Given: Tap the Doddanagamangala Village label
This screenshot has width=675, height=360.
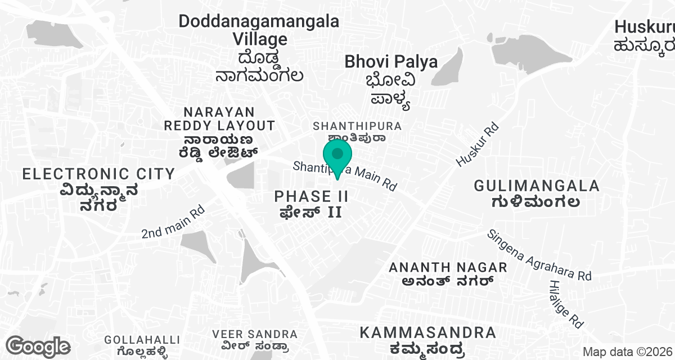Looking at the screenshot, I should pyautogui.click(x=259, y=30).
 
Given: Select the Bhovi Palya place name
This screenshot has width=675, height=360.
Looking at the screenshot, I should pyautogui.click(x=391, y=62).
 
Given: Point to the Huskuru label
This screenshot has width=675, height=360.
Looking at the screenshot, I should pyautogui.click(x=644, y=27).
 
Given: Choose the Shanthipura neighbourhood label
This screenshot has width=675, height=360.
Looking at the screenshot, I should pyautogui.click(x=357, y=125).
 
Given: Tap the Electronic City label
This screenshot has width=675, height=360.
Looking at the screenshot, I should pyautogui.click(x=98, y=174).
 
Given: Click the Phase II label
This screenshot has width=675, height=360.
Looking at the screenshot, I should pyautogui.click(x=312, y=196).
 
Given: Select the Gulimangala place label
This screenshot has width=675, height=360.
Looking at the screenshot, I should pyautogui.click(x=537, y=186).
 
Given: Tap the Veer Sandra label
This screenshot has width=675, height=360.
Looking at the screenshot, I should pyautogui.click(x=255, y=335).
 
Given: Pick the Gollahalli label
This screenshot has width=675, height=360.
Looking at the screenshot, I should pyautogui.click(x=142, y=340).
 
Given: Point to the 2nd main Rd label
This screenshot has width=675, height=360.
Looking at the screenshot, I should pyautogui.click(x=172, y=224).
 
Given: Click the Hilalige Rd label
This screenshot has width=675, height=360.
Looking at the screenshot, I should pyautogui.click(x=566, y=304).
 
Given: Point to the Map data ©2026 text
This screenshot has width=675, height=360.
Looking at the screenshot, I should pyautogui.click(x=627, y=352).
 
